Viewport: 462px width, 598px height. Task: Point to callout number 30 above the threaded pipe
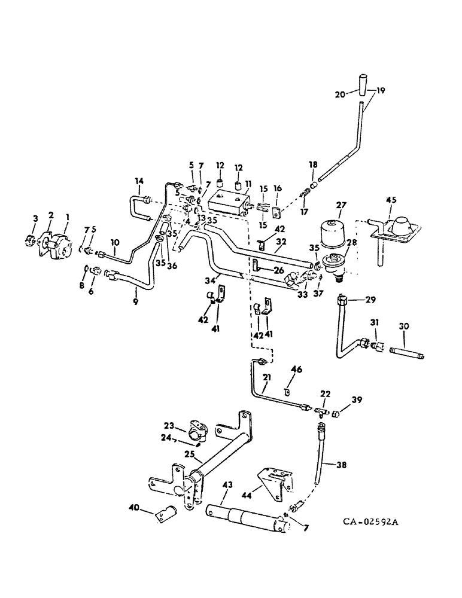[404, 327]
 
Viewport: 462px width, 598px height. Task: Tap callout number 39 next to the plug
[356, 399]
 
